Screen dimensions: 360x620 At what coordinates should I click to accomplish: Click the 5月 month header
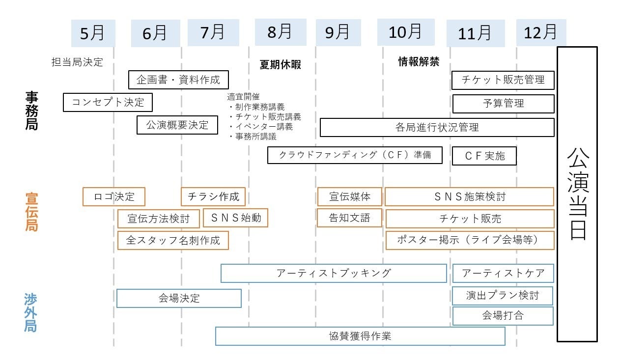click(x=93, y=33)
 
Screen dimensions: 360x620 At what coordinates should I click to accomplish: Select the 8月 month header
click(x=280, y=32)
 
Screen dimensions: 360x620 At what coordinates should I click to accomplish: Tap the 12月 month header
click(x=541, y=32)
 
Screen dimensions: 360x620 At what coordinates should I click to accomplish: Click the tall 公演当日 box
click(x=577, y=194)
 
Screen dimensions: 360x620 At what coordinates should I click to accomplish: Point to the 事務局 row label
click(x=31, y=111)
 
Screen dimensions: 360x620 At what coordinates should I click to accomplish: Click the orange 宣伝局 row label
click(x=31, y=212)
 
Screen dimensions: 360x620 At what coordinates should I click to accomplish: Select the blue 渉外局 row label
click(x=30, y=312)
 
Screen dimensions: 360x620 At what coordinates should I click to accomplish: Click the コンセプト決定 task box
click(x=108, y=103)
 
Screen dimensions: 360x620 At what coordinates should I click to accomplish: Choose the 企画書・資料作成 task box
click(x=178, y=80)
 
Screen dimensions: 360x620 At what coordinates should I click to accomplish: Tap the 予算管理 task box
click(x=503, y=104)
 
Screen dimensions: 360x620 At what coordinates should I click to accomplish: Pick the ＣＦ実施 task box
click(x=484, y=156)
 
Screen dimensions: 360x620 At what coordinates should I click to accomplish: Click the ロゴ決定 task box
click(x=114, y=197)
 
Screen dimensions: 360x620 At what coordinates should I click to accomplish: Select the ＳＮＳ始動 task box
click(x=235, y=218)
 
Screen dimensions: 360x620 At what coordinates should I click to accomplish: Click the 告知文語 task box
click(x=349, y=218)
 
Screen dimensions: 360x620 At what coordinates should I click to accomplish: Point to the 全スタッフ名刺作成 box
click(x=173, y=241)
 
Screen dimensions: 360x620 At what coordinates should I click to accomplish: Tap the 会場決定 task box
click(x=179, y=298)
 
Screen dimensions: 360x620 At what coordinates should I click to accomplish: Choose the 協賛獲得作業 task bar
click(x=360, y=336)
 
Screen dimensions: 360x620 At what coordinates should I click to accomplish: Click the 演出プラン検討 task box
click(x=502, y=296)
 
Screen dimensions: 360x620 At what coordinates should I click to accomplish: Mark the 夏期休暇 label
click(x=280, y=65)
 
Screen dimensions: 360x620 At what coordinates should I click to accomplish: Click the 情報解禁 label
click(x=419, y=62)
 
